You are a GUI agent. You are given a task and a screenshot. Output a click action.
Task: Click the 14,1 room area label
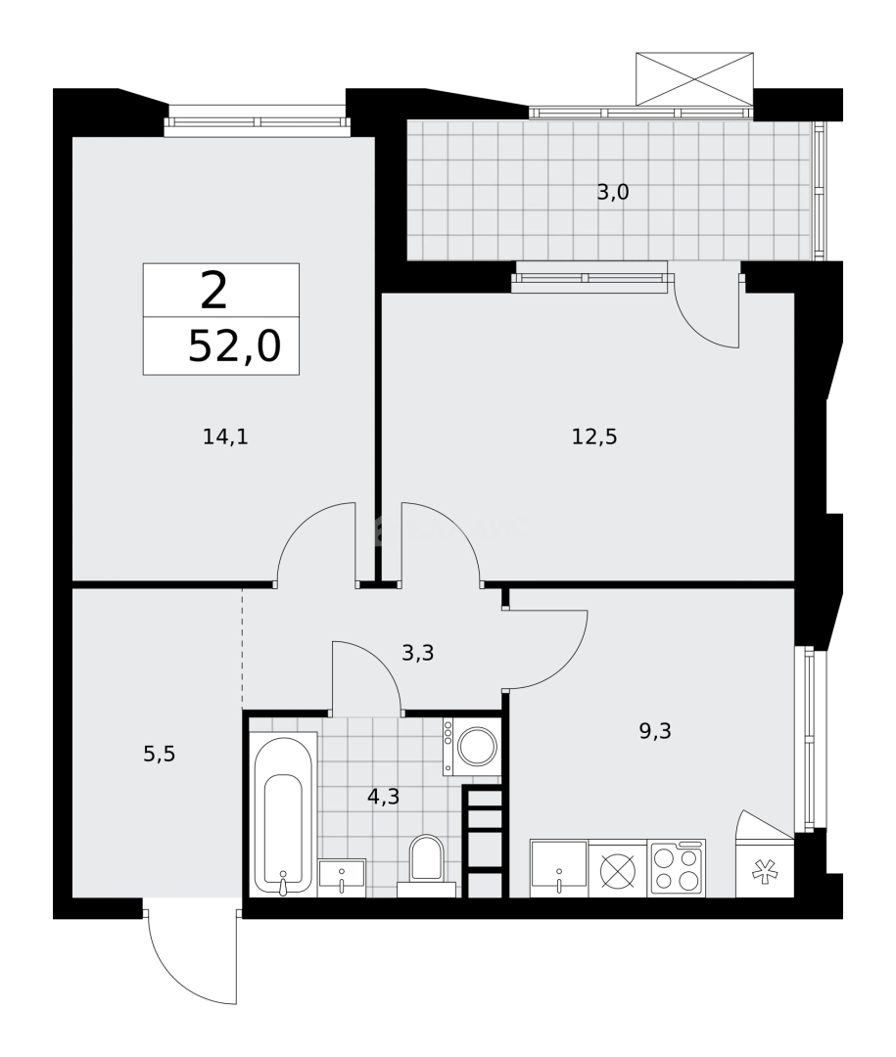[225, 437]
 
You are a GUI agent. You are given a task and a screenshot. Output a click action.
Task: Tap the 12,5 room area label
[594, 437]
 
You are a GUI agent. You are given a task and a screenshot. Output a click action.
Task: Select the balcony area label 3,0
[613, 193]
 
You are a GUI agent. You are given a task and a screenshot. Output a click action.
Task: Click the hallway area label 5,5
[159, 754]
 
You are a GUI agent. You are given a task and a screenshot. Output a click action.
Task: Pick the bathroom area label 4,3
[383, 797]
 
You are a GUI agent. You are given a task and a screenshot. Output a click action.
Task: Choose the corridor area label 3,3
[417, 653]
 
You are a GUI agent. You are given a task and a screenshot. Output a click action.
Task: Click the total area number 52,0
[234, 346]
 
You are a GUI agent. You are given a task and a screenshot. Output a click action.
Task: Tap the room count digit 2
[213, 290]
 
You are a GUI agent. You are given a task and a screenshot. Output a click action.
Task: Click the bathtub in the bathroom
[283, 813]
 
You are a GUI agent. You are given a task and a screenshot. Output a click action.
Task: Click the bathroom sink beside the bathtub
[342, 877]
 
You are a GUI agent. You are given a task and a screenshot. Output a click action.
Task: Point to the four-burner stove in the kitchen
[677, 867]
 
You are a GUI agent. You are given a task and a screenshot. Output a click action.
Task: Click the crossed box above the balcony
[694, 78]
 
